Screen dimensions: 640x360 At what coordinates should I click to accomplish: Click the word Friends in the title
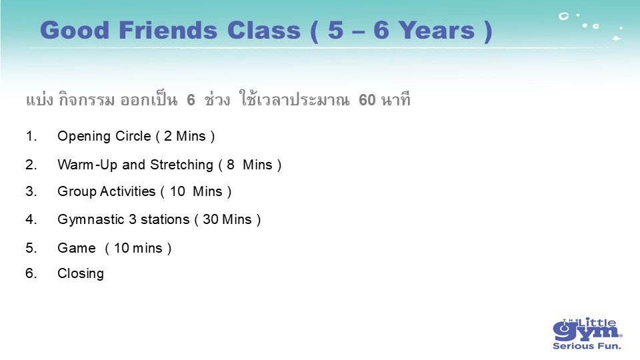pyautogui.click(x=167, y=30)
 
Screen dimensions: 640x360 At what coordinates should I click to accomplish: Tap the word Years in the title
pyautogui.click(x=437, y=30)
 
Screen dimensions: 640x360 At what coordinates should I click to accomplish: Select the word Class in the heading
pyautogui.click(x=264, y=30)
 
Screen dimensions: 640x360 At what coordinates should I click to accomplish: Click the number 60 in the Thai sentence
pyautogui.click(x=367, y=100)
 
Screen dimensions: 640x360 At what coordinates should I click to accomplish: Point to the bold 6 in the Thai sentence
pyautogui.click(x=191, y=100)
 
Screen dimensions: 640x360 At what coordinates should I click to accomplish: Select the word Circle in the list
pyautogui.click(x=133, y=136)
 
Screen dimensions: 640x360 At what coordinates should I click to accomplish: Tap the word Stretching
pyautogui.click(x=181, y=165)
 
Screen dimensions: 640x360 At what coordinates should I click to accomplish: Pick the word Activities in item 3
pyautogui.click(x=128, y=191)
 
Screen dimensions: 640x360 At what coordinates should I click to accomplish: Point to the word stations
pyautogui.click(x=165, y=219)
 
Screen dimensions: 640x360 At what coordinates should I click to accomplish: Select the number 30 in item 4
pyautogui.click(x=211, y=219)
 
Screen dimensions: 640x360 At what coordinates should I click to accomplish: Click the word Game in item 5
pyautogui.click(x=76, y=248)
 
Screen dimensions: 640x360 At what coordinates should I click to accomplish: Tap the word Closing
pyautogui.click(x=81, y=274)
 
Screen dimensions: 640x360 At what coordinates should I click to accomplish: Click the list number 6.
pyautogui.click(x=31, y=273)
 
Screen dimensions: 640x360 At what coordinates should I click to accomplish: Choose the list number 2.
pyautogui.click(x=31, y=165)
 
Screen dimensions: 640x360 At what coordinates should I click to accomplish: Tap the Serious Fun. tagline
pyautogui.click(x=587, y=346)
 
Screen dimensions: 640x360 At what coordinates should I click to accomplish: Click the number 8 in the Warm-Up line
pyautogui.click(x=231, y=165)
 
